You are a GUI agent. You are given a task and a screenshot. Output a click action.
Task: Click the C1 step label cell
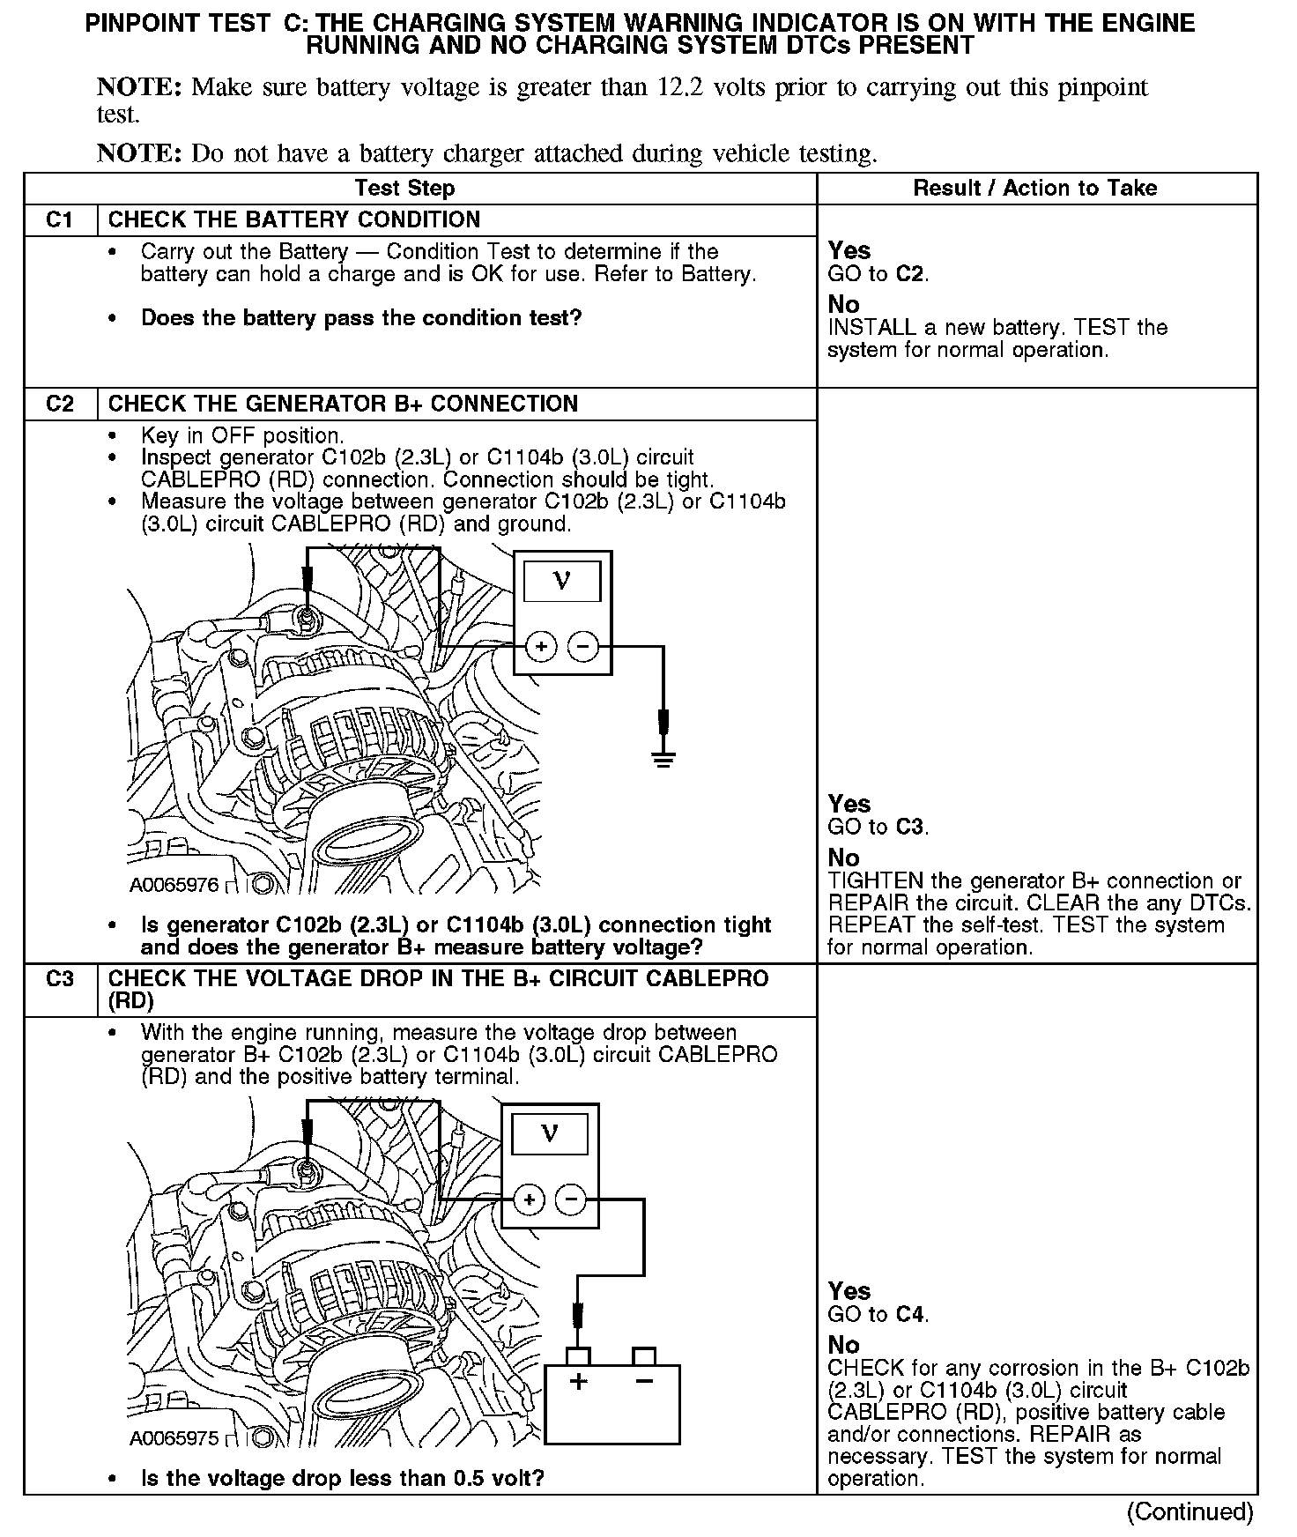coord(60,220)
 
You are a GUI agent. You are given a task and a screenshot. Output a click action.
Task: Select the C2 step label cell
coord(60,405)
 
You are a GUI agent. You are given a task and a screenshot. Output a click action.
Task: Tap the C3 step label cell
coord(60,979)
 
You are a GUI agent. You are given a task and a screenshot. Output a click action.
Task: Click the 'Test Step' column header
coord(404,188)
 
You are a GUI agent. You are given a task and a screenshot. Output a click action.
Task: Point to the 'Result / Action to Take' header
coord(1035,188)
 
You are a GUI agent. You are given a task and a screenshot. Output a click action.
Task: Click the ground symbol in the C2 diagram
coord(663,759)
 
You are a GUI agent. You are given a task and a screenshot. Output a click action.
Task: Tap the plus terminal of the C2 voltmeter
coord(540,648)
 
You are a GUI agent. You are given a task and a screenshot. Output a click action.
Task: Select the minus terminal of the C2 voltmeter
coord(582,648)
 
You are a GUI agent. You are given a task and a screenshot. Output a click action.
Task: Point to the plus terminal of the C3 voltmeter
coord(529,1199)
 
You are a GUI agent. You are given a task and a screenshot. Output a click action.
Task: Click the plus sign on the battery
coord(578,1381)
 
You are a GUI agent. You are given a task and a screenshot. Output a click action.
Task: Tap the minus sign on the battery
coord(644,1380)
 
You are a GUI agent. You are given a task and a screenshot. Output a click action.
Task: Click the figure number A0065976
coord(174,885)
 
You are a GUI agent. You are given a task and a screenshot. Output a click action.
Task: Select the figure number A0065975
coord(174,1438)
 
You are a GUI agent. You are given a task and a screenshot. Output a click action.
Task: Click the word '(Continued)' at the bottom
coord(1190,1512)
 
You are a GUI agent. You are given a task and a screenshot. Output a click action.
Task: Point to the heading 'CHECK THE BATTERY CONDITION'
coord(294,220)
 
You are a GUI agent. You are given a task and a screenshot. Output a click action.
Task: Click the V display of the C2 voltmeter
coord(562,581)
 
